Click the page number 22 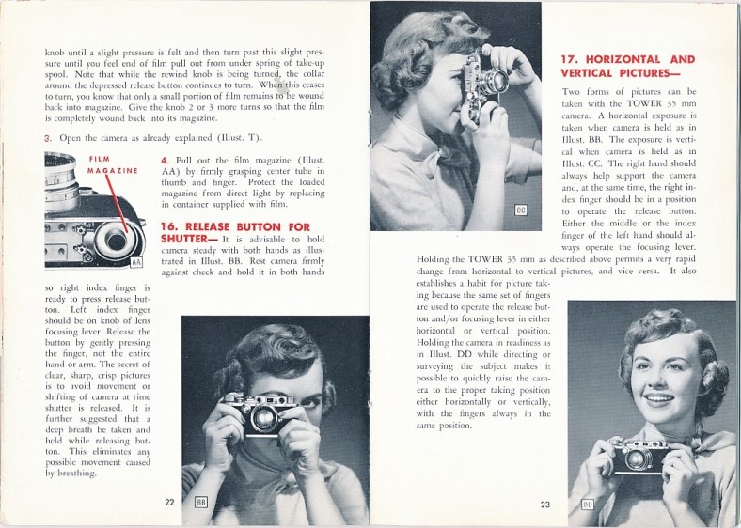coord(169,502)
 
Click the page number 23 coord(545,505)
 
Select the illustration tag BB coord(200,502)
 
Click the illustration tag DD coord(588,505)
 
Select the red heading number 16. coord(170,226)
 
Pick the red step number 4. coord(165,161)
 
